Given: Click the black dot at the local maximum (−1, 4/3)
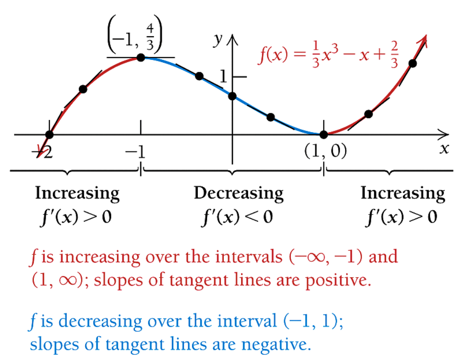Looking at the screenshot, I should pyautogui.click(x=141, y=57).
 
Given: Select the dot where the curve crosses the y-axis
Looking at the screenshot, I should pyautogui.click(x=233, y=96).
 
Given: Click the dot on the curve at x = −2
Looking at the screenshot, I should pyautogui.click(x=49, y=134).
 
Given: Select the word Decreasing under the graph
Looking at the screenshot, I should pyautogui.click(x=238, y=194).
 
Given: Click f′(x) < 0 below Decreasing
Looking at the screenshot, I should pyautogui.click(x=237, y=216).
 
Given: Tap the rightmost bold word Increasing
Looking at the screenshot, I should pyautogui.click(x=402, y=194).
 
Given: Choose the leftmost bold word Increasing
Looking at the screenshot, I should pyautogui.click(x=77, y=194).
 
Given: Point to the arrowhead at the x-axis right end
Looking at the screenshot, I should pyautogui.click(x=444, y=134).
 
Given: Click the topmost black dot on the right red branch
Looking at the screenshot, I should pyautogui.click(x=412, y=64).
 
